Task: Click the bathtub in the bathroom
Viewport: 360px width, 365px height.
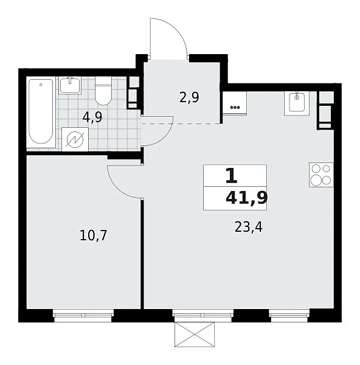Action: pos(41,111)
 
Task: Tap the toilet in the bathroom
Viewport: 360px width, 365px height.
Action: pos(103,91)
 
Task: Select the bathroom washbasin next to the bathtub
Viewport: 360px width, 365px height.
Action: pos(70,85)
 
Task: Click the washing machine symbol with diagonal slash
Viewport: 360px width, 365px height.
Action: pos(75,139)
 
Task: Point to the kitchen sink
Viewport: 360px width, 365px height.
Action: pos(297,103)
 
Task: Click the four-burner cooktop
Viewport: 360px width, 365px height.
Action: pos(321,175)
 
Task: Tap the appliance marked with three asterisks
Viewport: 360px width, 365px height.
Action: pos(235,103)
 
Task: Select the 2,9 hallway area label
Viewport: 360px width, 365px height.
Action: pos(189,97)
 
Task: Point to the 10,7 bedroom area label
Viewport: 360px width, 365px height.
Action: pos(93,235)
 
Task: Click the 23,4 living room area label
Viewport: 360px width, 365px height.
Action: pos(249,227)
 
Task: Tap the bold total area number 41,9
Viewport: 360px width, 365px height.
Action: pos(247,198)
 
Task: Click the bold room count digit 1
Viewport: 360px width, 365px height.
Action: pos(232,176)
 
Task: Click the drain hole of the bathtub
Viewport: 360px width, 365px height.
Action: pos(41,85)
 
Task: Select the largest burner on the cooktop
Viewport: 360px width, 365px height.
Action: pos(316,181)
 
